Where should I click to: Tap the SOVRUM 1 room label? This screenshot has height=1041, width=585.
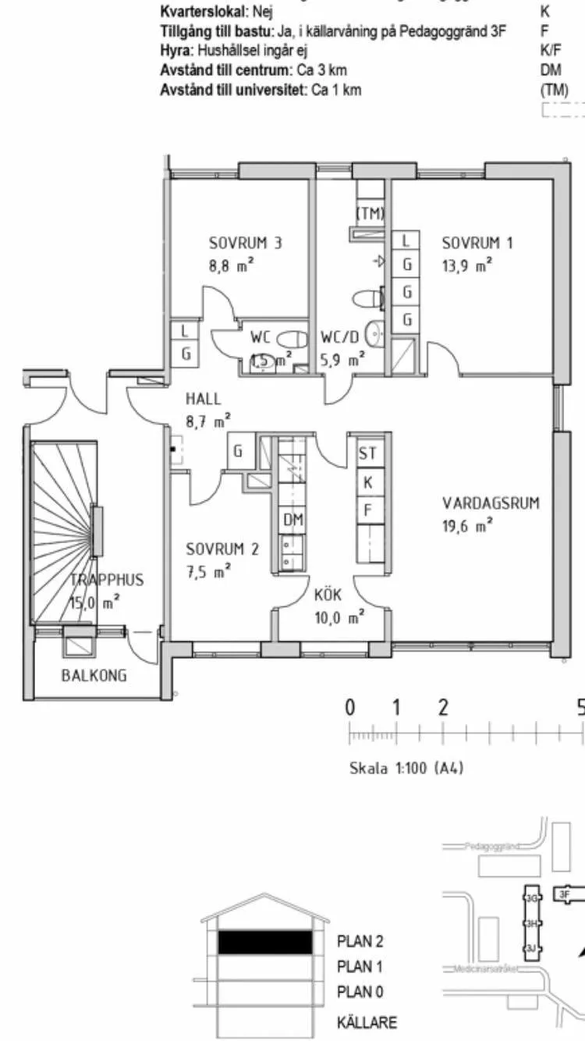(x=477, y=243)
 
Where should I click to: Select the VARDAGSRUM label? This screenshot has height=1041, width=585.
(x=491, y=503)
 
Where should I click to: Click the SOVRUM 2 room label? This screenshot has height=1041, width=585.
(x=222, y=549)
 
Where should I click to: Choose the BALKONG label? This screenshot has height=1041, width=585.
(x=94, y=676)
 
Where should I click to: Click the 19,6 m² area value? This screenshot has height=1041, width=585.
(x=467, y=527)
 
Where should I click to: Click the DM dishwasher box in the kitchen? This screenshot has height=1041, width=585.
(x=293, y=520)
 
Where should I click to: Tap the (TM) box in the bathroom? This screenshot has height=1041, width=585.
(x=370, y=213)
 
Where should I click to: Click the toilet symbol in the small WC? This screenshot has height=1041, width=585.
(x=292, y=340)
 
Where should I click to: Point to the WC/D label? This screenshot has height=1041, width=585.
(x=340, y=339)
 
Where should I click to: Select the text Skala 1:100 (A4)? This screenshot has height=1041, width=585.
(x=406, y=768)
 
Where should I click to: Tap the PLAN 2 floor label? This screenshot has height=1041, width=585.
(x=360, y=942)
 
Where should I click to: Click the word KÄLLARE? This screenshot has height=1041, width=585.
(x=367, y=1022)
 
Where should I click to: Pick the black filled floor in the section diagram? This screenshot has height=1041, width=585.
(x=265, y=943)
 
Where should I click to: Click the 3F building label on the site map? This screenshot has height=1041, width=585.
(x=563, y=894)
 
